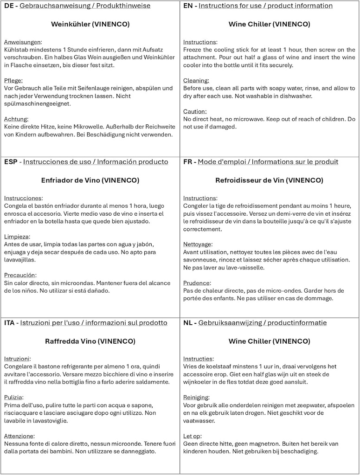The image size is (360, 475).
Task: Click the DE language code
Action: coord(9,6)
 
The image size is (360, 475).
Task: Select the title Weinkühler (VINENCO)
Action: coord(90,24)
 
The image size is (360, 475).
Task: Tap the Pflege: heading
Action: coord(13,80)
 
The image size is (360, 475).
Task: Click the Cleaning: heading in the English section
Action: coord(196,80)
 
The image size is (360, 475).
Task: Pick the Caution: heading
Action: coord(194,111)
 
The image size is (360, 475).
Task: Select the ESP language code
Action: coord(11,162)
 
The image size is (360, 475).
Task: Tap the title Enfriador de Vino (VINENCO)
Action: coord(90,180)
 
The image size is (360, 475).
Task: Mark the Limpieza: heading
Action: coord(17,237)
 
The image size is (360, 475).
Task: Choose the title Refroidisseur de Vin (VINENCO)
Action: coord(269,180)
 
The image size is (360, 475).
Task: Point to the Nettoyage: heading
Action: coord(198,244)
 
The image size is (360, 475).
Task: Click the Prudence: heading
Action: coord(197,283)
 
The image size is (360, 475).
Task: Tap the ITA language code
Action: coord(10,322)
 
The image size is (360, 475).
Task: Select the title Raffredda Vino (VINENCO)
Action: coord(90,341)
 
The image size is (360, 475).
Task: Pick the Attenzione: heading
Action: coord(19,436)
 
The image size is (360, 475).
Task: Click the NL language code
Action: coord(188,322)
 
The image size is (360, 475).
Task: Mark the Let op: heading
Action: coord(193,436)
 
